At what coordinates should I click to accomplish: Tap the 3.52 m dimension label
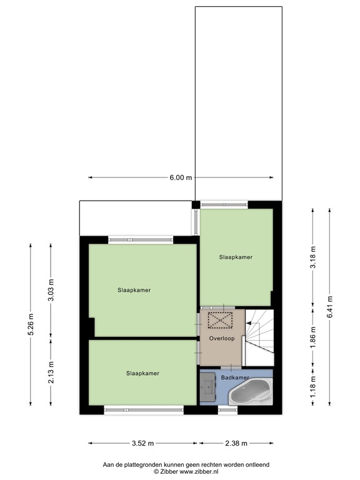coord(142,444)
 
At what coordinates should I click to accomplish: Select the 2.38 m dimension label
coord(235,444)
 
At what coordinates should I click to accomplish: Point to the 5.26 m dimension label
coord(30,324)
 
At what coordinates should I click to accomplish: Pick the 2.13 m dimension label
coord(51,371)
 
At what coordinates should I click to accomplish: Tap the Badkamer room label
coord(235,378)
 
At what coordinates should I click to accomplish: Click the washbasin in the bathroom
coord(208,389)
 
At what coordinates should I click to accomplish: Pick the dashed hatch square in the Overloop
coord(219,321)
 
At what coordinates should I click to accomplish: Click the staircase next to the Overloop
coord(258,337)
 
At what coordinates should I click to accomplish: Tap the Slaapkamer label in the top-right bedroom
coord(236,257)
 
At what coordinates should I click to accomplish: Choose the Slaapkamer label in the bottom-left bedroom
coord(142,373)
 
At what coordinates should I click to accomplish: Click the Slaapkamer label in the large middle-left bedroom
coord(134,290)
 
